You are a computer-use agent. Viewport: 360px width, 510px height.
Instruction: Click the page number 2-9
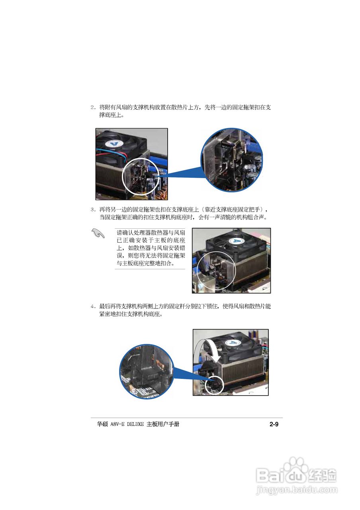[273, 424]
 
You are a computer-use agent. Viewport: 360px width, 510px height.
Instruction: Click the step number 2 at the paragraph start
[92, 107]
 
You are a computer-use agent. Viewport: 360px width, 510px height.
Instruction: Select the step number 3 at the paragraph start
[92, 209]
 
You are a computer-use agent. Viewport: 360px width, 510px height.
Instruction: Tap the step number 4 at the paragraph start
[92, 306]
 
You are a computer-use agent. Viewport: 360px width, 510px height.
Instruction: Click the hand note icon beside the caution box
[98, 233]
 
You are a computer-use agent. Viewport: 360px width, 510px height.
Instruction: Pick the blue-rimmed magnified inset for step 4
[147, 372]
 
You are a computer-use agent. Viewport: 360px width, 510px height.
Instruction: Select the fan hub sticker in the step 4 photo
[235, 343]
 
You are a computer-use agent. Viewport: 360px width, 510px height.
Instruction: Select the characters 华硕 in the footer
[102, 424]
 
